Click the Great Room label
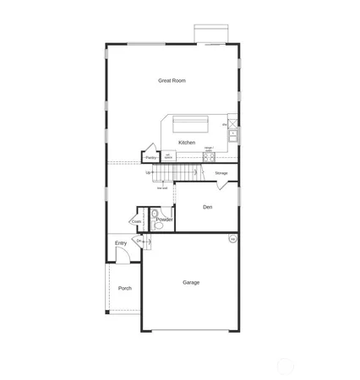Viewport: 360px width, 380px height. coord(172,81)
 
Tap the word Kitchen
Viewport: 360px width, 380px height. coord(187,142)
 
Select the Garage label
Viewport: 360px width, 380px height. coord(191,282)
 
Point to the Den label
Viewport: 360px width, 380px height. coord(206,207)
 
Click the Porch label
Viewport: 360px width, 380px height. coord(125,288)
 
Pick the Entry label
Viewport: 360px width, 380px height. coord(121,243)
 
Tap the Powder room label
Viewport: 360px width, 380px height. coord(164,220)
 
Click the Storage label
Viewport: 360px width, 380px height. coord(221,173)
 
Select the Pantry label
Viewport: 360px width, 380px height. coord(151,157)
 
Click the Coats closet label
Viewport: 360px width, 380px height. coord(136,221)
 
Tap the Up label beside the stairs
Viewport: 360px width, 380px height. coord(149,173)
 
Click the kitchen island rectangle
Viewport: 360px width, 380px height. coord(198,124)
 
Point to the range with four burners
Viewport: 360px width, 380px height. coord(208,157)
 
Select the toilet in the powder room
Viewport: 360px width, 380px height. coord(155,225)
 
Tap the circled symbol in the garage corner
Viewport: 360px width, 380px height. coord(232,239)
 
